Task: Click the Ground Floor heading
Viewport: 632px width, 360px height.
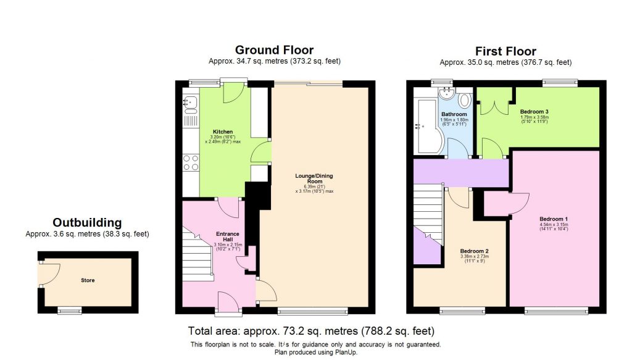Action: pos(274,50)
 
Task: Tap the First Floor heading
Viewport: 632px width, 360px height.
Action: pos(505,51)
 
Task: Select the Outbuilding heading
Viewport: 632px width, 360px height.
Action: pos(87,222)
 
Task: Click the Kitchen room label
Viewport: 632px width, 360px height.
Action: pos(222,132)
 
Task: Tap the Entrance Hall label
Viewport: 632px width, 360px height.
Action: pos(227,237)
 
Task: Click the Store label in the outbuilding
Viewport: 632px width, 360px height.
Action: pos(88,280)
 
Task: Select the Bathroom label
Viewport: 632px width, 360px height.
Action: pos(453,114)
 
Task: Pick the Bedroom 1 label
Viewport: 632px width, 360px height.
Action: pos(553,219)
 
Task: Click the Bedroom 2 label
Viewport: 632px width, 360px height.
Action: pos(475,251)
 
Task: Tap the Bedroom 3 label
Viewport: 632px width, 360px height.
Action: pos(534,112)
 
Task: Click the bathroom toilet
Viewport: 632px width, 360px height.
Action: pos(464,101)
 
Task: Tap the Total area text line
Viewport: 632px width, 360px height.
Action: pos(311,331)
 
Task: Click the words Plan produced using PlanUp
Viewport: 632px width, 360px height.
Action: pos(315,353)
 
